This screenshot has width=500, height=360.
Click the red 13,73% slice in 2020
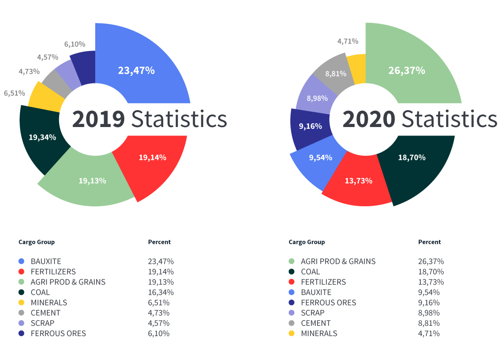359,183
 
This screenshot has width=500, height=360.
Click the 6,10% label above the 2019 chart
75,45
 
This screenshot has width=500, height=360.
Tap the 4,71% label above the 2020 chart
348,41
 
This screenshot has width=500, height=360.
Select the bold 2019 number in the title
98,120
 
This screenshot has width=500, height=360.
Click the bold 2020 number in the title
369,120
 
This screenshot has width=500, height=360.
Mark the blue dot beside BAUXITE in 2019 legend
21,262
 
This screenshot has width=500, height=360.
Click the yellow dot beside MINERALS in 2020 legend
291,334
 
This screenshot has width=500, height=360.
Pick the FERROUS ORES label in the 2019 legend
58,334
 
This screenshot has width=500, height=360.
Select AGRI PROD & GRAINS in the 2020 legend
338,262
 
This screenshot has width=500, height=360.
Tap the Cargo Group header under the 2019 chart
37,242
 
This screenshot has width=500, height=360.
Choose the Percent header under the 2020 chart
429,242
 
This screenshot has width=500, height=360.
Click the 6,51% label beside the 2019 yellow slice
15,93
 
